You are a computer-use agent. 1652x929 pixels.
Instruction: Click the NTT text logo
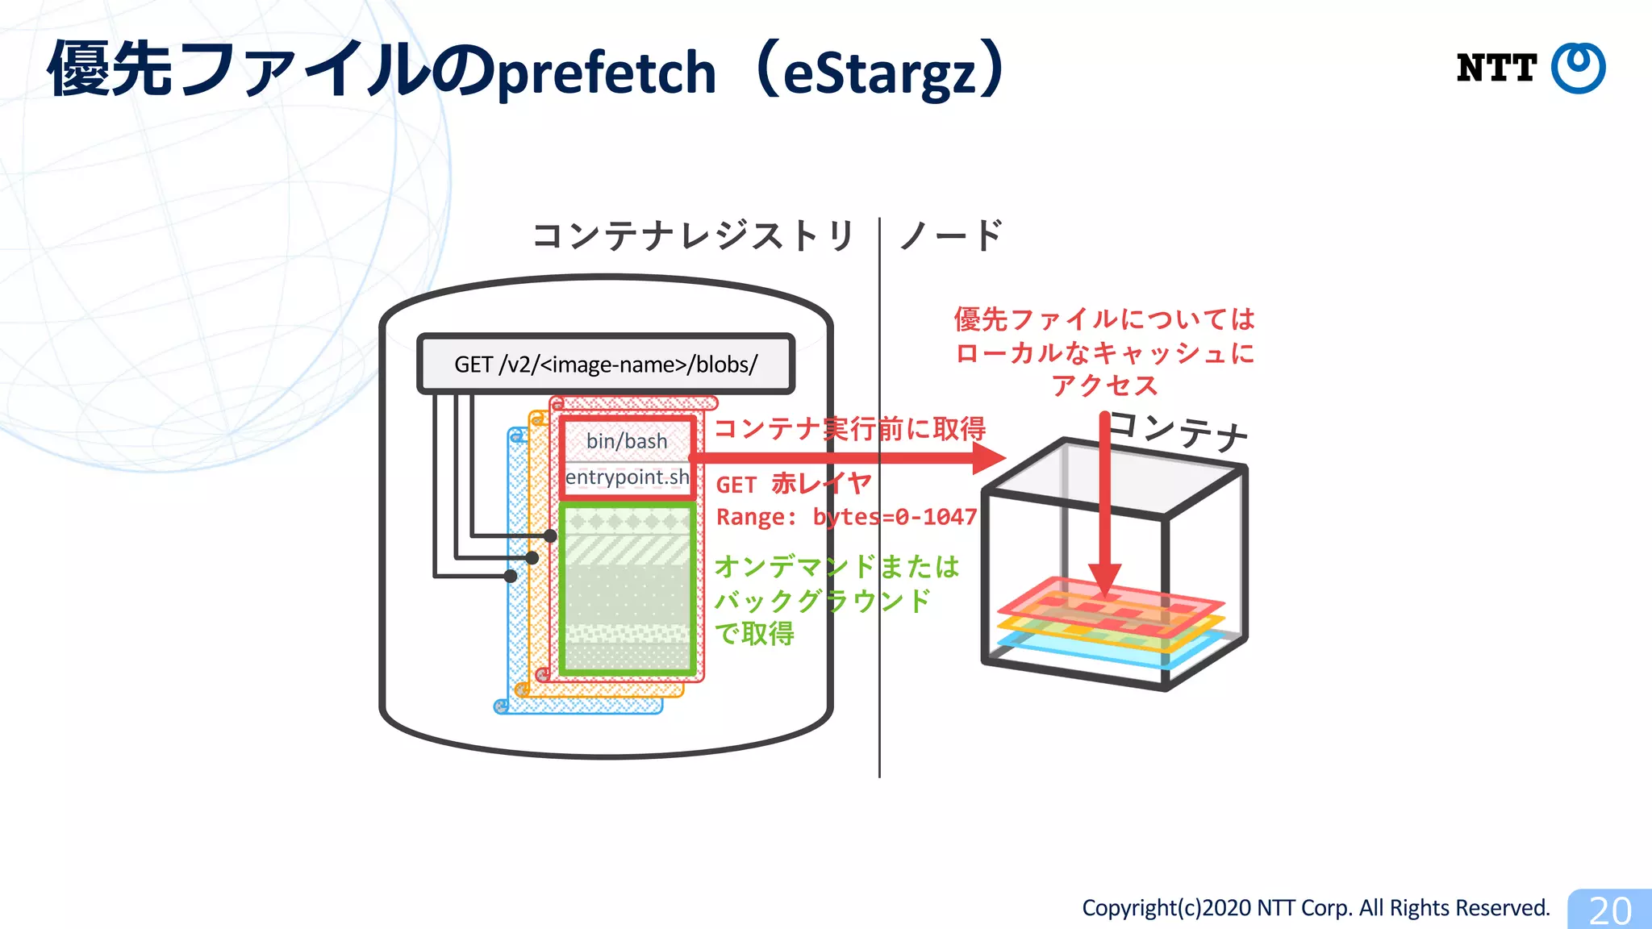click(1496, 68)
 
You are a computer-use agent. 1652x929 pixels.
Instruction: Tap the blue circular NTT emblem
click(1579, 68)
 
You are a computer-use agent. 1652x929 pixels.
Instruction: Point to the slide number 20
click(1610, 910)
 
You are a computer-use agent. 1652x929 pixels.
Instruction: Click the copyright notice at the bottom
click(1316, 908)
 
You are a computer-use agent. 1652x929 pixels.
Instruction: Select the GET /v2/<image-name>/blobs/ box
click(606, 364)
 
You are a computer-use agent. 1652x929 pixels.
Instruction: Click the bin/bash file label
click(627, 441)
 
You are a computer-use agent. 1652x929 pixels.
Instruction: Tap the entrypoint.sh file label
click(627, 477)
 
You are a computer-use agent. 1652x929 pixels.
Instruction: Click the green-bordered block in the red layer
click(628, 589)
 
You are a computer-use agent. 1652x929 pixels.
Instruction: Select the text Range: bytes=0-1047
click(846, 517)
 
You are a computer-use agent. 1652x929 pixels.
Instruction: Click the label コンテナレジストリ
click(693, 236)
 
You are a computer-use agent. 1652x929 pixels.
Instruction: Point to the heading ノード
click(951, 236)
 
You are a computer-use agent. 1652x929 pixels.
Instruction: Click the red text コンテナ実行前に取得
click(849, 428)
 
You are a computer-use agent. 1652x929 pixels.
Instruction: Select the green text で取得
click(754, 634)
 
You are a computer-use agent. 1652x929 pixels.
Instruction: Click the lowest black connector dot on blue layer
click(510, 576)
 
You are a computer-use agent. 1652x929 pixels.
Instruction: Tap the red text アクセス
click(1104, 385)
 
